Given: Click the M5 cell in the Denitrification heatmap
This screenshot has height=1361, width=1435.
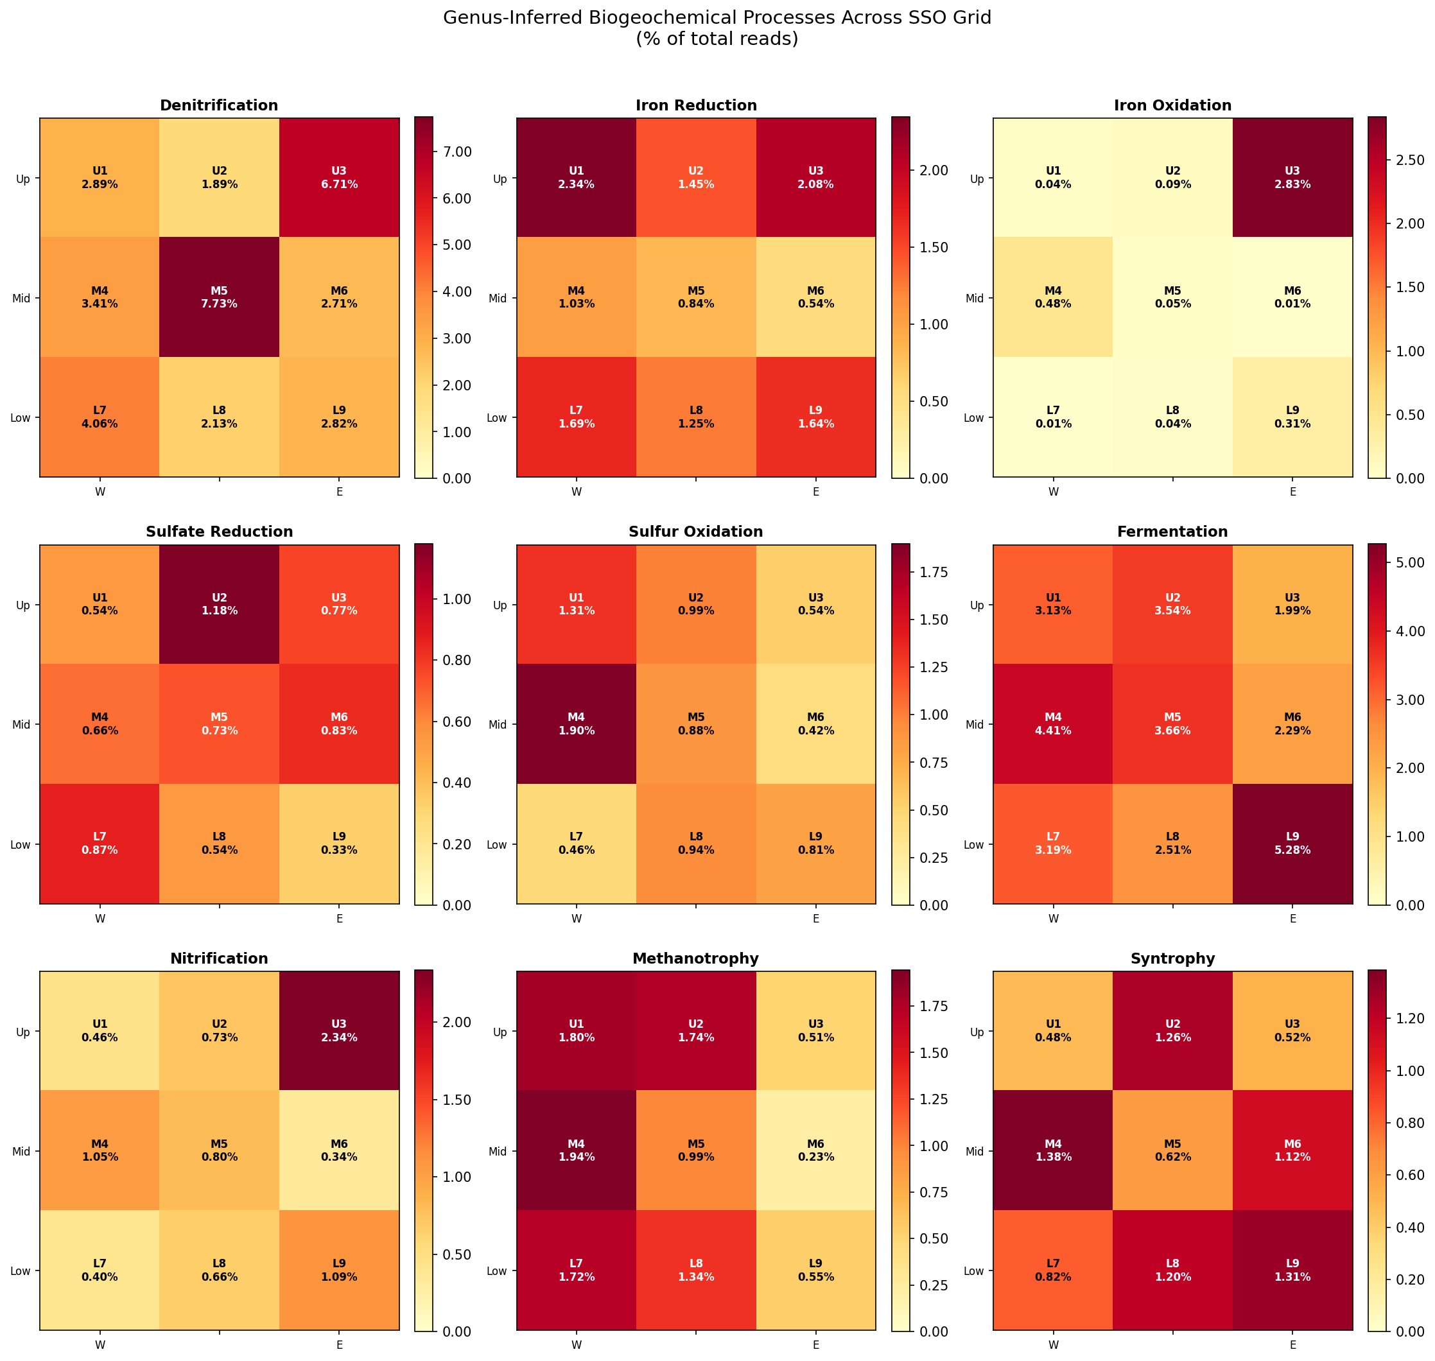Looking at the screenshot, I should tap(219, 297).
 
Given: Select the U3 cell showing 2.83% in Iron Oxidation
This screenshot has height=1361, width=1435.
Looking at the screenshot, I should tap(1292, 178).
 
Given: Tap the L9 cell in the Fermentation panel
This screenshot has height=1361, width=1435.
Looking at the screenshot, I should tap(1292, 844).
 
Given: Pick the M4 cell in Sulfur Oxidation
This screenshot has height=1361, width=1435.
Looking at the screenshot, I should tap(576, 724).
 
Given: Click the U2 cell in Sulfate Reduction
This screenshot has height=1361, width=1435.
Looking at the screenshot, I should tap(219, 604).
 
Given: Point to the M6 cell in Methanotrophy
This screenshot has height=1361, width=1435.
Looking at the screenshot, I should tap(815, 1150).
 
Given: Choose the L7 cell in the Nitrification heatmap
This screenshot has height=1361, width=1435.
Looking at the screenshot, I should tap(100, 1270).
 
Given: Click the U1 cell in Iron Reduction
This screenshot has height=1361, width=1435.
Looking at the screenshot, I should tap(576, 178).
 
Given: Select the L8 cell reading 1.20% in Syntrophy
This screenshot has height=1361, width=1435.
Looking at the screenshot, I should tap(1172, 1270).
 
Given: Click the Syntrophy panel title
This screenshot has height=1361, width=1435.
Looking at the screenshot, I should tap(1172, 958).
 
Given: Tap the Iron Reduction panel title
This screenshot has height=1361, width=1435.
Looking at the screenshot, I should tap(696, 105).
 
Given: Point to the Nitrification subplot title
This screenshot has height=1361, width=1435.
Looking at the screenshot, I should tap(219, 958).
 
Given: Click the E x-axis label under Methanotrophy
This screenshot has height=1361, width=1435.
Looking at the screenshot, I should tap(815, 1345).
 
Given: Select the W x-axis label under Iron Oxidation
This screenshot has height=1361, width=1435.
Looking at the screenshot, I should tap(1054, 492).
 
